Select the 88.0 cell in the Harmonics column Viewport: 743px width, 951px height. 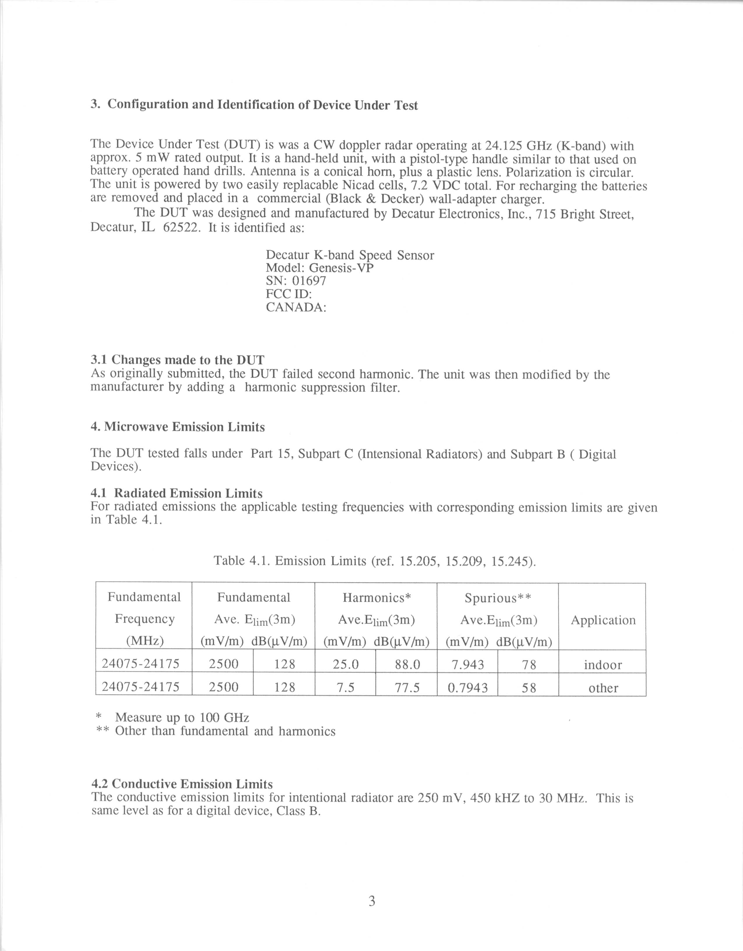click(x=407, y=664)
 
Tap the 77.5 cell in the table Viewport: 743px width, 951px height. click(x=407, y=687)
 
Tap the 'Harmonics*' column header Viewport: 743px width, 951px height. click(x=377, y=597)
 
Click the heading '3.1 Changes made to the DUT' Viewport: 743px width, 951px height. click(x=177, y=360)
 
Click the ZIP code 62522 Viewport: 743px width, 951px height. click(x=182, y=228)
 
